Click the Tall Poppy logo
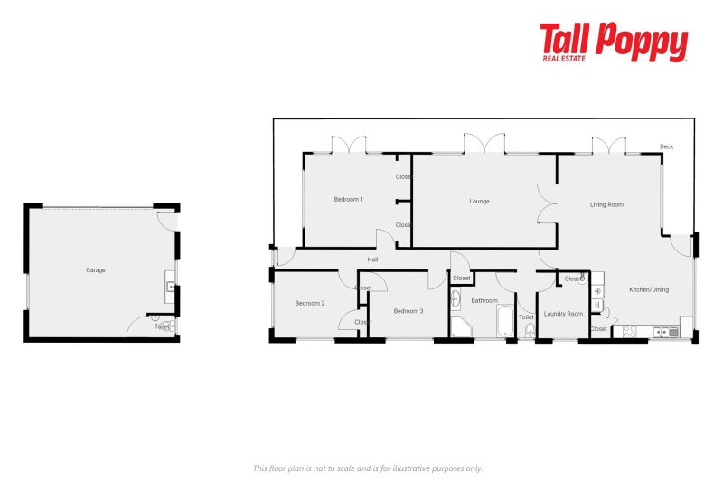pyautogui.click(x=614, y=43)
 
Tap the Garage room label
pyautogui.click(x=96, y=269)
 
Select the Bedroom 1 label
pyautogui.click(x=348, y=199)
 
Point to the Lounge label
pyautogui.click(x=479, y=201)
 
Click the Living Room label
pyautogui.click(x=606, y=204)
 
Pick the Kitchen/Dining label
pyautogui.click(x=649, y=289)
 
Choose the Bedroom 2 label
pyautogui.click(x=309, y=303)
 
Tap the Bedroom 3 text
pyautogui.click(x=408, y=310)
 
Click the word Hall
pyautogui.click(x=372, y=260)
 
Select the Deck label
pyautogui.click(x=666, y=146)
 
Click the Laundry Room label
pyautogui.click(x=560, y=314)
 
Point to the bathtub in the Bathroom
pyautogui.click(x=504, y=322)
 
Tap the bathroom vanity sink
pyautogui.click(x=455, y=298)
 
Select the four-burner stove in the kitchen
pyautogui.click(x=629, y=332)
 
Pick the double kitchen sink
pyautogui.click(x=667, y=332)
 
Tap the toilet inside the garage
pyautogui.click(x=164, y=326)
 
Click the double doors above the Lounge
pyautogui.click(x=484, y=143)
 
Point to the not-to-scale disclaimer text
pyautogui.click(x=367, y=468)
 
